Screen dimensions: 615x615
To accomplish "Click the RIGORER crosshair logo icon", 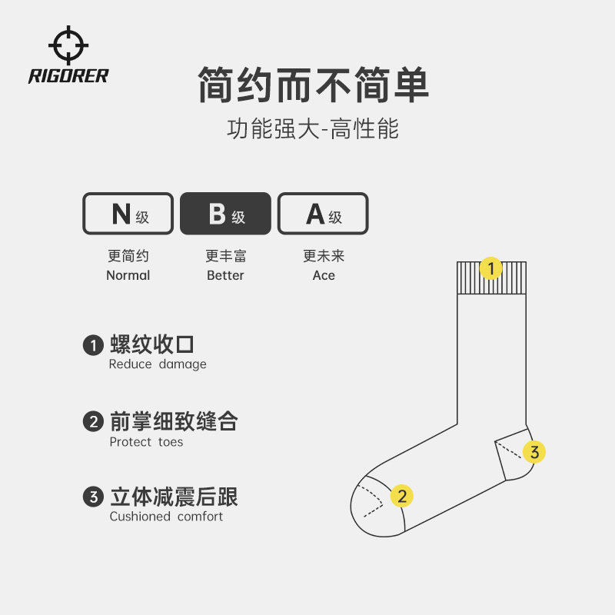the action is click(x=68, y=45).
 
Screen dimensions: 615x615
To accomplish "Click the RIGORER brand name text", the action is click(x=68, y=75).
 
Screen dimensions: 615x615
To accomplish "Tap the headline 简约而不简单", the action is click(x=313, y=85).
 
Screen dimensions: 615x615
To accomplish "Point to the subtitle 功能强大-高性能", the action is click(x=313, y=128).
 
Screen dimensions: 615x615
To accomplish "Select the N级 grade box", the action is click(x=128, y=214).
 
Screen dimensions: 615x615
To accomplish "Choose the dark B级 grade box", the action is click(x=225, y=214).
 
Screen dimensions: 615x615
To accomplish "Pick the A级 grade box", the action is click(x=323, y=214).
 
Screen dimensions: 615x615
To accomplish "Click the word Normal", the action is click(x=128, y=275).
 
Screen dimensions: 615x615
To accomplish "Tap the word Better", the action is click(x=225, y=275).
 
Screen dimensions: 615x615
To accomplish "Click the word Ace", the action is click(x=324, y=275).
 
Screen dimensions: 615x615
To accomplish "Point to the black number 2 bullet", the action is click(x=93, y=421).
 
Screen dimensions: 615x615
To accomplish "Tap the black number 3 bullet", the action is click(x=93, y=497).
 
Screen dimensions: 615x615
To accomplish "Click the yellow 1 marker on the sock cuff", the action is click(x=490, y=268).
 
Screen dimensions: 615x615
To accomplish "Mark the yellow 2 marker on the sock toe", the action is click(x=401, y=496).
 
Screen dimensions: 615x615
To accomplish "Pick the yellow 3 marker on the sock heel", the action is click(x=534, y=452).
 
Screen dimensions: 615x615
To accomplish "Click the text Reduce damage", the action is click(x=158, y=364).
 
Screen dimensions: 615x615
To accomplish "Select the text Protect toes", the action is click(x=146, y=442).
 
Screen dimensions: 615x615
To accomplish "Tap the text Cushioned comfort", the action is click(x=166, y=517).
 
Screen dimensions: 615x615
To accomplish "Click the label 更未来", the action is click(x=324, y=256).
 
